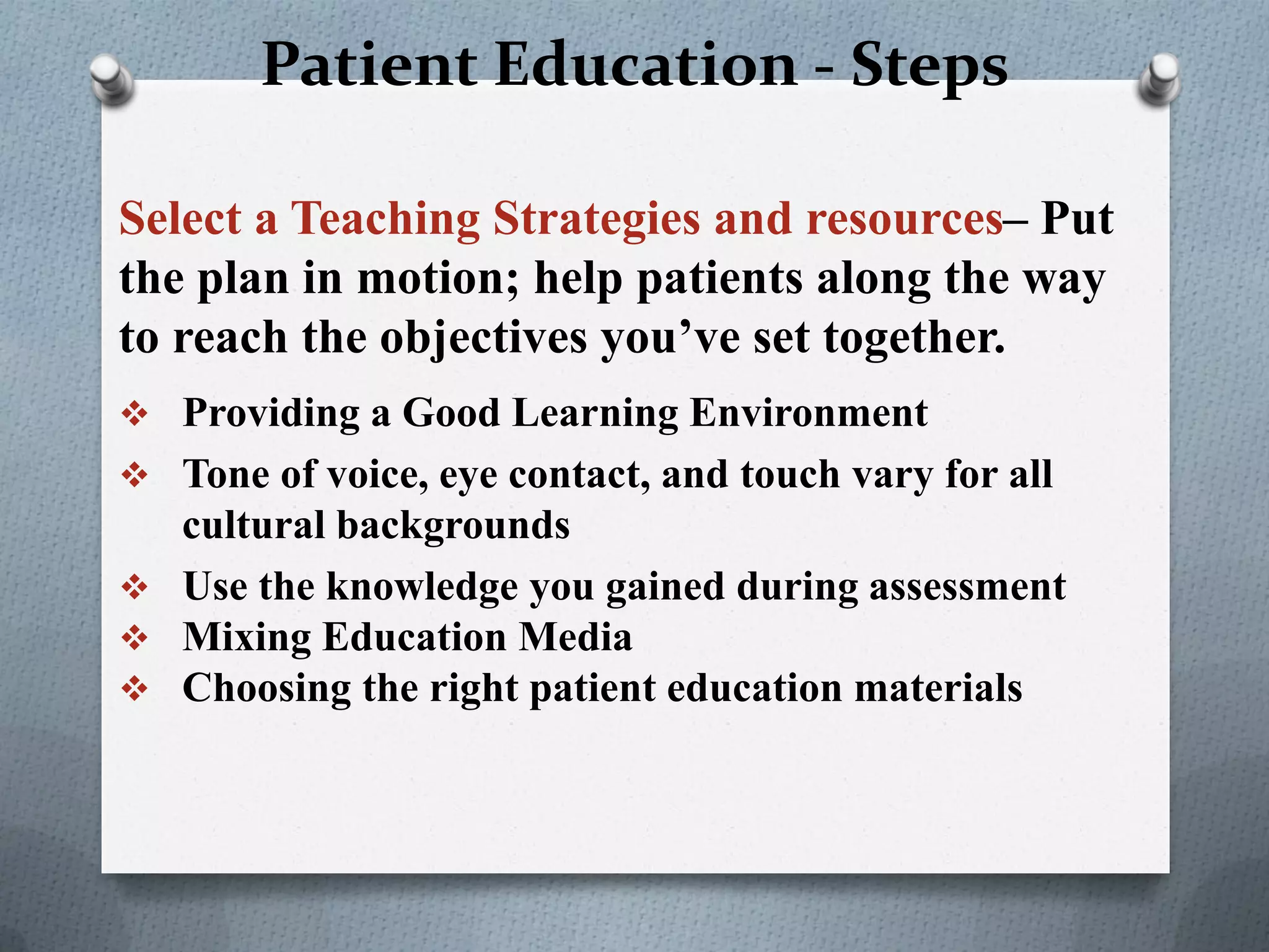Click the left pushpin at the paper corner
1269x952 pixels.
(x=113, y=79)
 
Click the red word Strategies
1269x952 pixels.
(x=596, y=219)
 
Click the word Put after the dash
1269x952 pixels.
(x=1077, y=219)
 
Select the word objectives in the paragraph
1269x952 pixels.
(x=483, y=338)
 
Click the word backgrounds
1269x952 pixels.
(x=453, y=526)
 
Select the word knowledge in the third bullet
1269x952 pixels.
(x=421, y=586)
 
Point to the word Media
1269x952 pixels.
(x=575, y=637)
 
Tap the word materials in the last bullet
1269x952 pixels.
(x=938, y=688)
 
